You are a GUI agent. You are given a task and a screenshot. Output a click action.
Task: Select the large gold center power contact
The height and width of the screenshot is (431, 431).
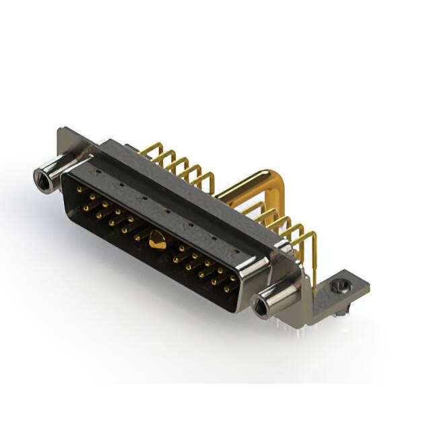pos(158,240)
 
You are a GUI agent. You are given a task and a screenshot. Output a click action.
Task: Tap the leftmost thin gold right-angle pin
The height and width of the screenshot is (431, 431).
pos(151,150)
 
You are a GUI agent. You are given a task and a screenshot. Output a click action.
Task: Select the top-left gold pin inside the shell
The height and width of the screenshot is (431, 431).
pos(79,191)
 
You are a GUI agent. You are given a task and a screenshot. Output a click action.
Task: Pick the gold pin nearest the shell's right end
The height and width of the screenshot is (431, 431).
pos(234,278)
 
